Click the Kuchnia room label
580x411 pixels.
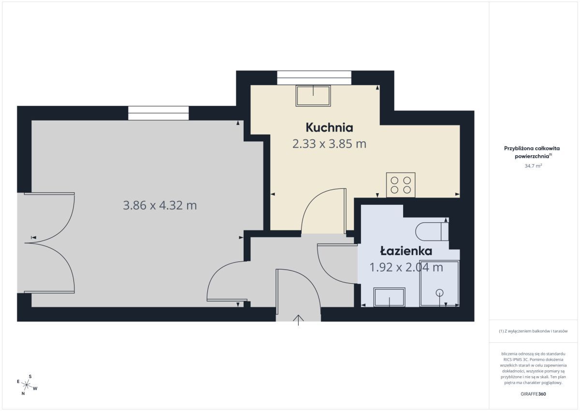[329, 128]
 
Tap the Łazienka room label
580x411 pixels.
[406, 251]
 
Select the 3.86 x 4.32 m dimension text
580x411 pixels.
[160, 205]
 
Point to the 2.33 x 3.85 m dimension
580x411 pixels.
[329, 144]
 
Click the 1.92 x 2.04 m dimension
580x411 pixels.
[406, 267]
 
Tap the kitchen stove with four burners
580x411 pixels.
[401, 185]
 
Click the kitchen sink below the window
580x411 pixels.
[313, 96]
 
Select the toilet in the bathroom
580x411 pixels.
[432, 231]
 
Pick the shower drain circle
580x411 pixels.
[439, 293]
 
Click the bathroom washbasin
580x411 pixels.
[390, 297]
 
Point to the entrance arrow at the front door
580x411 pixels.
[298, 320]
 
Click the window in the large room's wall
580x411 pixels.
[159, 113]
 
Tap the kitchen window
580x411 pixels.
[314, 77]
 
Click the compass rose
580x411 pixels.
[27, 385]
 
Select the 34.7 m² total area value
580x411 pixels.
[533, 166]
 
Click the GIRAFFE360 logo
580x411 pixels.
[533, 394]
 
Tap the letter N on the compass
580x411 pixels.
[23, 394]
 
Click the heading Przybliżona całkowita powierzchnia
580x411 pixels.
[532, 152]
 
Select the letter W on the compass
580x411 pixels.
[35, 388]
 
